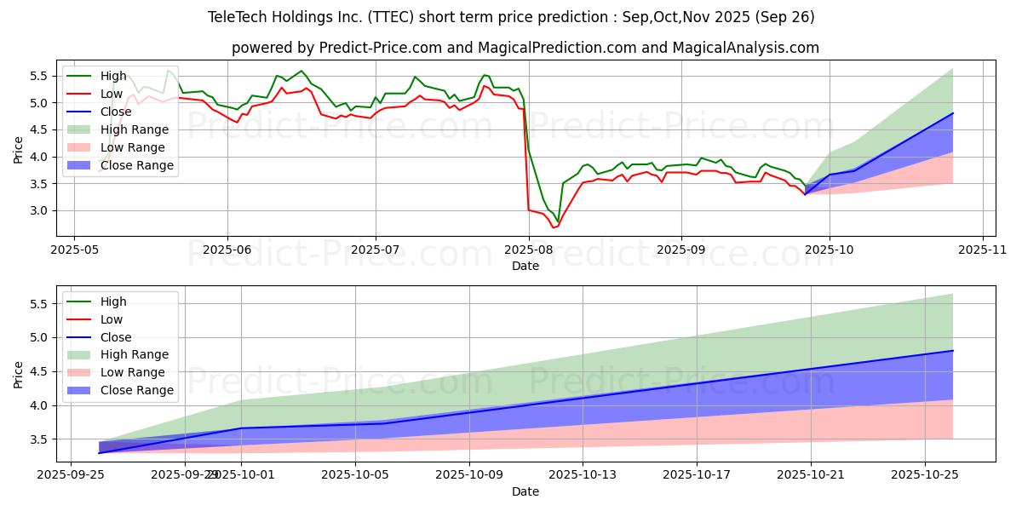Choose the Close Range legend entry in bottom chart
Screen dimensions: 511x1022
pos(136,390)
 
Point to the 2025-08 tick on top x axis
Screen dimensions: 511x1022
pos(529,250)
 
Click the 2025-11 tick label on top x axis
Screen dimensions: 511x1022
pos(983,250)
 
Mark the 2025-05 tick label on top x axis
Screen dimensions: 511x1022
pos(74,250)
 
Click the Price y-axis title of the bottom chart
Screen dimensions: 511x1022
pos(19,373)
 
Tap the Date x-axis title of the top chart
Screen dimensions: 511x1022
pos(525,266)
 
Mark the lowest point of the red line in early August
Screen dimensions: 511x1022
pos(553,227)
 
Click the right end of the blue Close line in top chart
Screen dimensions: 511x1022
pos(952,113)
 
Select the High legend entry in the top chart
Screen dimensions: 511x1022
pos(112,76)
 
